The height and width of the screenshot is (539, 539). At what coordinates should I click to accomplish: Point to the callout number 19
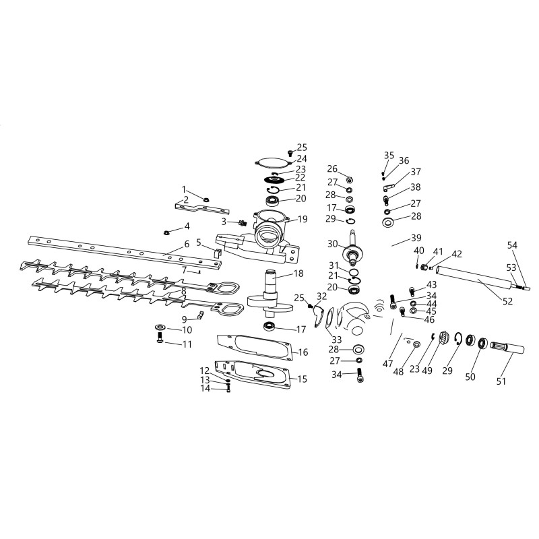point(302,219)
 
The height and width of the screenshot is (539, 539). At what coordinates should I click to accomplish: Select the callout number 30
point(333,243)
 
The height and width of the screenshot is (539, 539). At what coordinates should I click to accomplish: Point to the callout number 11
point(187,344)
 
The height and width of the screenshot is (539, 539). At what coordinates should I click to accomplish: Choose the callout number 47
point(387,364)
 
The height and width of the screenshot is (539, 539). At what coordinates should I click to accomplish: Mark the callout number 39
point(416,239)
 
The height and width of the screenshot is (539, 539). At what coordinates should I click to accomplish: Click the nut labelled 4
point(166,233)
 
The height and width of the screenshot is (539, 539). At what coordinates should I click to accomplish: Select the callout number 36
point(404,160)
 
